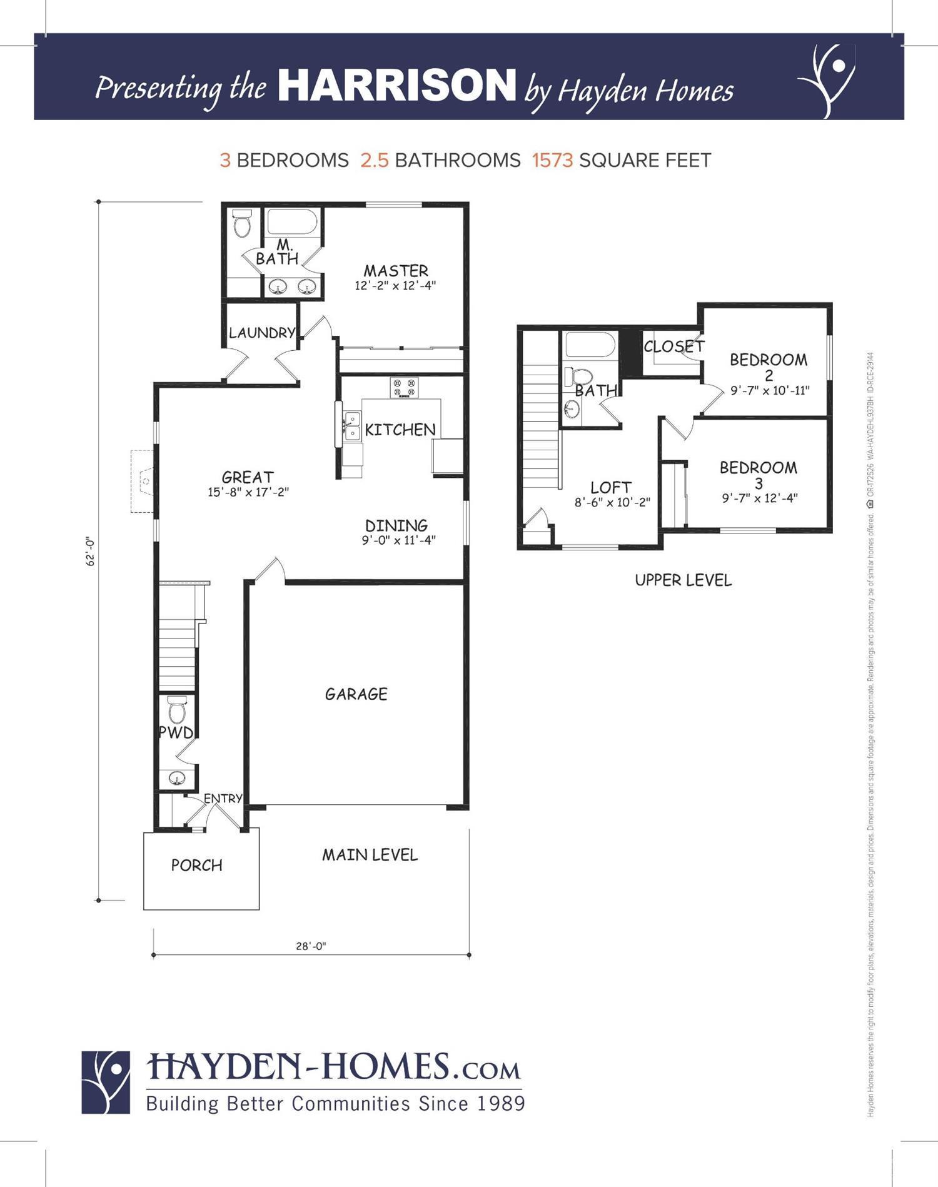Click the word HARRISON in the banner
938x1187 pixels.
point(396,86)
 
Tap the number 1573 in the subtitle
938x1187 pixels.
point(552,161)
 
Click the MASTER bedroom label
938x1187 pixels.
point(396,271)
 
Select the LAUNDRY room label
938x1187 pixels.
point(261,333)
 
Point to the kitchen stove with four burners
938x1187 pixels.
point(404,387)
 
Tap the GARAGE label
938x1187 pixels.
point(356,694)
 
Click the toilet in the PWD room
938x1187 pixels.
point(178,710)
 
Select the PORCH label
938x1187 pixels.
point(196,866)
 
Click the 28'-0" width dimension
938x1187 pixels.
point(311,946)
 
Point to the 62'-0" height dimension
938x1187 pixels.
point(91,550)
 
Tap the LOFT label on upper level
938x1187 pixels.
point(611,487)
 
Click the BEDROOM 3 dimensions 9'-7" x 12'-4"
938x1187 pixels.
point(759,498)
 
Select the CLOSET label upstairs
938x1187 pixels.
point(673,346)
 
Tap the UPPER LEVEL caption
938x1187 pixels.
point(683,580)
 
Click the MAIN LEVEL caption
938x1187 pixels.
point(370,855)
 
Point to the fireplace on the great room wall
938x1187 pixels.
point(142,481)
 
